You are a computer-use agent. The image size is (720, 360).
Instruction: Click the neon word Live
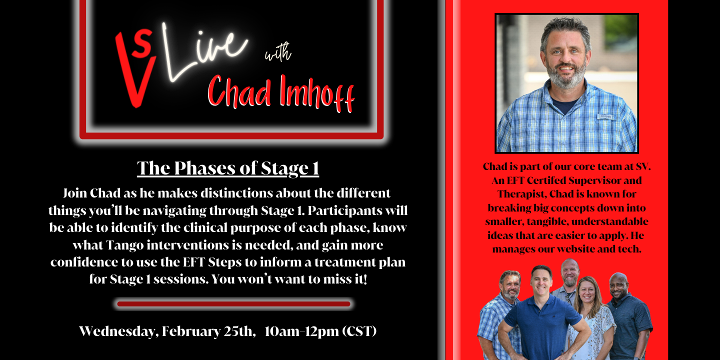(x=204, y=51)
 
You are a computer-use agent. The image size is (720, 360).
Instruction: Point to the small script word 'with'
(x=278, y=52)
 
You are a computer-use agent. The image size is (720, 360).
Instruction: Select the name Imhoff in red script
(x=316, y=93)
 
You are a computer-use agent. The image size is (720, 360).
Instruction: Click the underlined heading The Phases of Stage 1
(x=228, y=168)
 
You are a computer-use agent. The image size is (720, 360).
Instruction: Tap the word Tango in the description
(x=124, y=245)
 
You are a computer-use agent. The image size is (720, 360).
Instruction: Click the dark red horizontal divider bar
(x=233, y=304)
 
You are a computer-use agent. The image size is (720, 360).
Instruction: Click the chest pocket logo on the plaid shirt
(x=605, y=116)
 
